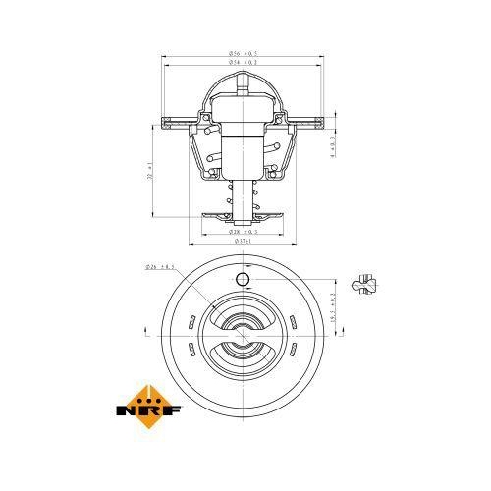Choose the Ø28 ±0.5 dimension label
pos(244,232)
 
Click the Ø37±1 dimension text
pos(244,241)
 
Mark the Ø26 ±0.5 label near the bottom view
pos(159,266)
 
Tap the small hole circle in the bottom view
pos(243,281)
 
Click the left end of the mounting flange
pos(158,125)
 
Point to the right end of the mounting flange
pos(329,125)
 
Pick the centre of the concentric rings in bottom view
pos(243,334)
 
